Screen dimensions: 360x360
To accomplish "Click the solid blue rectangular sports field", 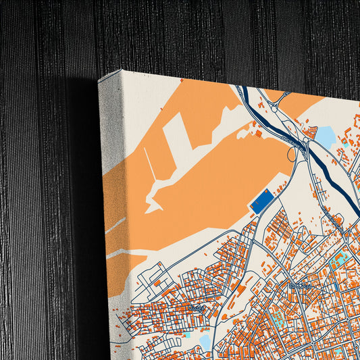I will coord(262,201).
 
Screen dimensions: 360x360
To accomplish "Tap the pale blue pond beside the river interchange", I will coord(326,137).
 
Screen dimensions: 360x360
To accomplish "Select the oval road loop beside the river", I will coord(292,154).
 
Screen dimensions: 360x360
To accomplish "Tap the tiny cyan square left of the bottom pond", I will coord(187,335).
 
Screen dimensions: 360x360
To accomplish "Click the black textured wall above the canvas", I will coord(203,34).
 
